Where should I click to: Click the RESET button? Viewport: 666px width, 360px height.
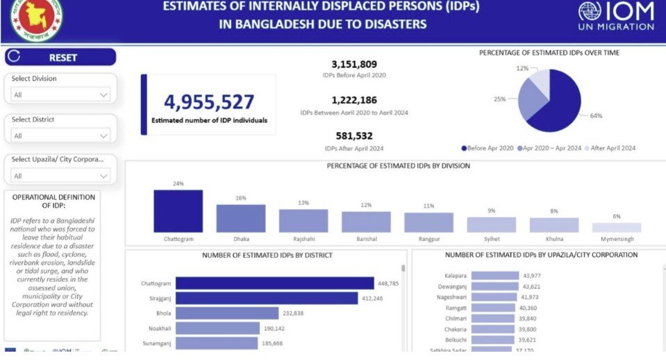click(x=60, y=58)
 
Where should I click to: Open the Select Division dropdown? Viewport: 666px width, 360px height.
click(x=60, y=95)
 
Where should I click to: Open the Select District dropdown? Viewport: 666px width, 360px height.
click(x=60, y=136)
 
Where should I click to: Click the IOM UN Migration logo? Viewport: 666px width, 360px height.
click(x=616, y=16)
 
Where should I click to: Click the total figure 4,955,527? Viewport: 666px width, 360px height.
click(x=209, y=102)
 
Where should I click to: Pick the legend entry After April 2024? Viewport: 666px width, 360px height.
click(x=611, y=148)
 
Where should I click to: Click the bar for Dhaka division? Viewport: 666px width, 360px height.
click(x=240, y=218)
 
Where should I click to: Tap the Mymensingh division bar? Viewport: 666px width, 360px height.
click(x=616, y=227)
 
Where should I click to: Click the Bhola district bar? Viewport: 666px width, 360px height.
click(x=226, y=313)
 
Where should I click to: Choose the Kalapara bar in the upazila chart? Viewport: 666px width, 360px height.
click(x=495, y=276)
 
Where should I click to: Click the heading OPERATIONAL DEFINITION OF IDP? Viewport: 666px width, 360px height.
click(x=53, y=201)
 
